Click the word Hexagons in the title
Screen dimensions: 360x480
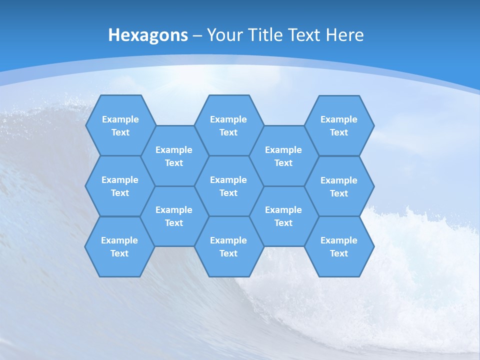tap(148, 35)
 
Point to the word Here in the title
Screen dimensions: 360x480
tap(344, 35)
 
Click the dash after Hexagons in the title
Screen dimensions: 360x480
tap(197, 35)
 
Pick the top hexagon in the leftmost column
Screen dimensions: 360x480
tap(120, 125)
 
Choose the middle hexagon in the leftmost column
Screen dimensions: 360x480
tap(120, 186)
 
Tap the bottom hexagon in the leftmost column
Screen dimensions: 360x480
tap(119, 246)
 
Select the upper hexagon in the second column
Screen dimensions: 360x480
tap(174, 156)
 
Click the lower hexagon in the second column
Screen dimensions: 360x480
tap(174, 216)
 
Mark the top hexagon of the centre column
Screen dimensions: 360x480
tap(228, 125)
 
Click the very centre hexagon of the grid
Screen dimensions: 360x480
tap(228, 186)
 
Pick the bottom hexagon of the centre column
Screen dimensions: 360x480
tap(228, 246)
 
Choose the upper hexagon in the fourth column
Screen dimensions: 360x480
tap(283, 156)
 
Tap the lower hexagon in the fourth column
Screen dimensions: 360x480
tap(283, 216)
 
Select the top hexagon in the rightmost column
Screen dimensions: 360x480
tap(339, 125)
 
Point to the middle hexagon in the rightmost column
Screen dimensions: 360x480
tap(339, 186)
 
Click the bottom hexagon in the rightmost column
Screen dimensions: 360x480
tap(339, 246)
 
